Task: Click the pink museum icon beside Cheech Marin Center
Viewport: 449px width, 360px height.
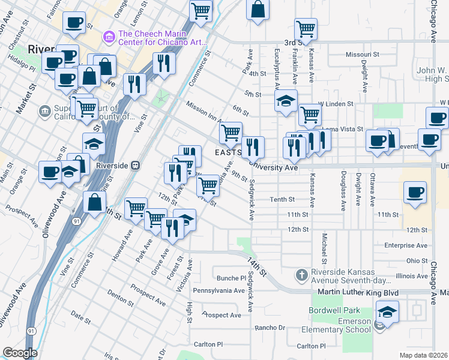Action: point(109,38)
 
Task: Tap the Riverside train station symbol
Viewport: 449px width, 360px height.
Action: point(136,165)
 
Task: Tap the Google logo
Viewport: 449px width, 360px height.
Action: point(20,353)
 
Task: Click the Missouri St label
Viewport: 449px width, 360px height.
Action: point(363,55)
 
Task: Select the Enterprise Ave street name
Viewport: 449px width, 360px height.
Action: point(406,245)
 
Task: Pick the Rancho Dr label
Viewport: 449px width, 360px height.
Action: point(270,328)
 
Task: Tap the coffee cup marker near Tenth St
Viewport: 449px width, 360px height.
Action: point(415,193)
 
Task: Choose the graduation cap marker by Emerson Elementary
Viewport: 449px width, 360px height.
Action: point(387,313)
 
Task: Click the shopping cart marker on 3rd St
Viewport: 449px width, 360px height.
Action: point(306,28)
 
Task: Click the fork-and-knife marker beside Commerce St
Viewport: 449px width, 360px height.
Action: point(164,63)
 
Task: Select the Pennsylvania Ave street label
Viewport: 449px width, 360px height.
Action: point(218,290)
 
